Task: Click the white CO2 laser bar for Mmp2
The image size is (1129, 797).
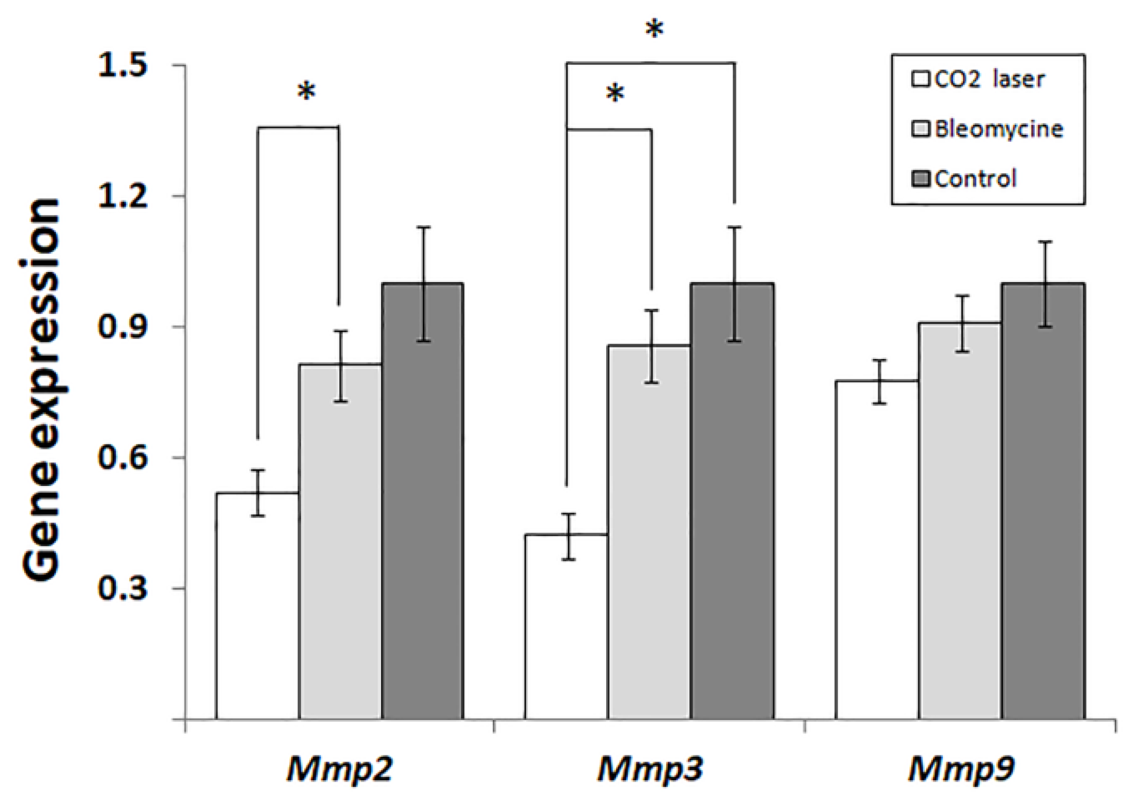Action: pyautogui.click(x=257, y=606)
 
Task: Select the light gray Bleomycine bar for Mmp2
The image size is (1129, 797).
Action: pyautogui.click(x=340, y=543)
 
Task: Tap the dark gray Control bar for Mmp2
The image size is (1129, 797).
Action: pyautogui.click(x=423, y=501)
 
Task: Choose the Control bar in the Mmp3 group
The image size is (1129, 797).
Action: pyautogui.click(x=733, y=501)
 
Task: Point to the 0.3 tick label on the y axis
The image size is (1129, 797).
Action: pyautogui.click(x=122, y=588)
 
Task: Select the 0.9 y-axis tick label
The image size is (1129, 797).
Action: pyautogui.click(x=122, y=327)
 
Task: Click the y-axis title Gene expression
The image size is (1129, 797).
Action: pyautogui.click(x=41, y=390)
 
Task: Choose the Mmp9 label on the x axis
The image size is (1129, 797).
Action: pyautogui.click(x=961, y=770)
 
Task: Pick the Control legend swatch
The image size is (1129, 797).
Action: pyautogui.click(x=920, y=179)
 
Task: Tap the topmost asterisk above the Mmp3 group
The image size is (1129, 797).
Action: pyautogui.click(x=655, y=29)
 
